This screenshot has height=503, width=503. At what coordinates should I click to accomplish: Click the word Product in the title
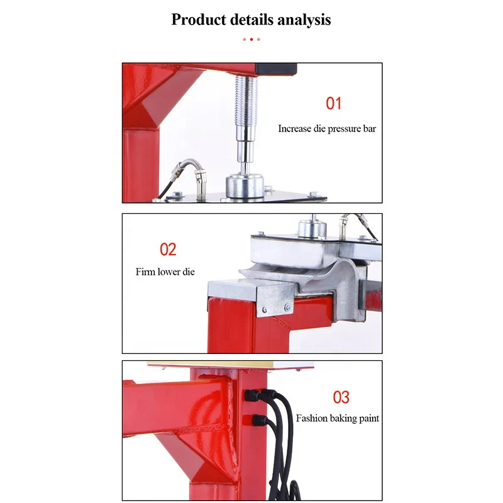click(x=197, y=20)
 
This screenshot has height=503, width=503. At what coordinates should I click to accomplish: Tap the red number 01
click(x=333, y=103)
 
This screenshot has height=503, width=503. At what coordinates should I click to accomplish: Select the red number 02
click(x=168, y=249)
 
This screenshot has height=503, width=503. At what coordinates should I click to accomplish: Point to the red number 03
click(x=341, y=397)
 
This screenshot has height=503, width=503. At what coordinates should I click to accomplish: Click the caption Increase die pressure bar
click(x=327, y=129)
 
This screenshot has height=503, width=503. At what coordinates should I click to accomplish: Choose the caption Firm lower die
click(x=165, y=272)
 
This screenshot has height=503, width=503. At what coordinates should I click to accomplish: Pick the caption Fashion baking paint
click(x=338, y=418)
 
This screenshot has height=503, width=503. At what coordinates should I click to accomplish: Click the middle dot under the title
click(x=251, y=39)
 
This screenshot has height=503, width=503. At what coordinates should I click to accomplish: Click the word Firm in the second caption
click(x=145, y=272)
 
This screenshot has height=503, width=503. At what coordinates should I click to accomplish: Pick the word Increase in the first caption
click(x=295, y=129)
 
